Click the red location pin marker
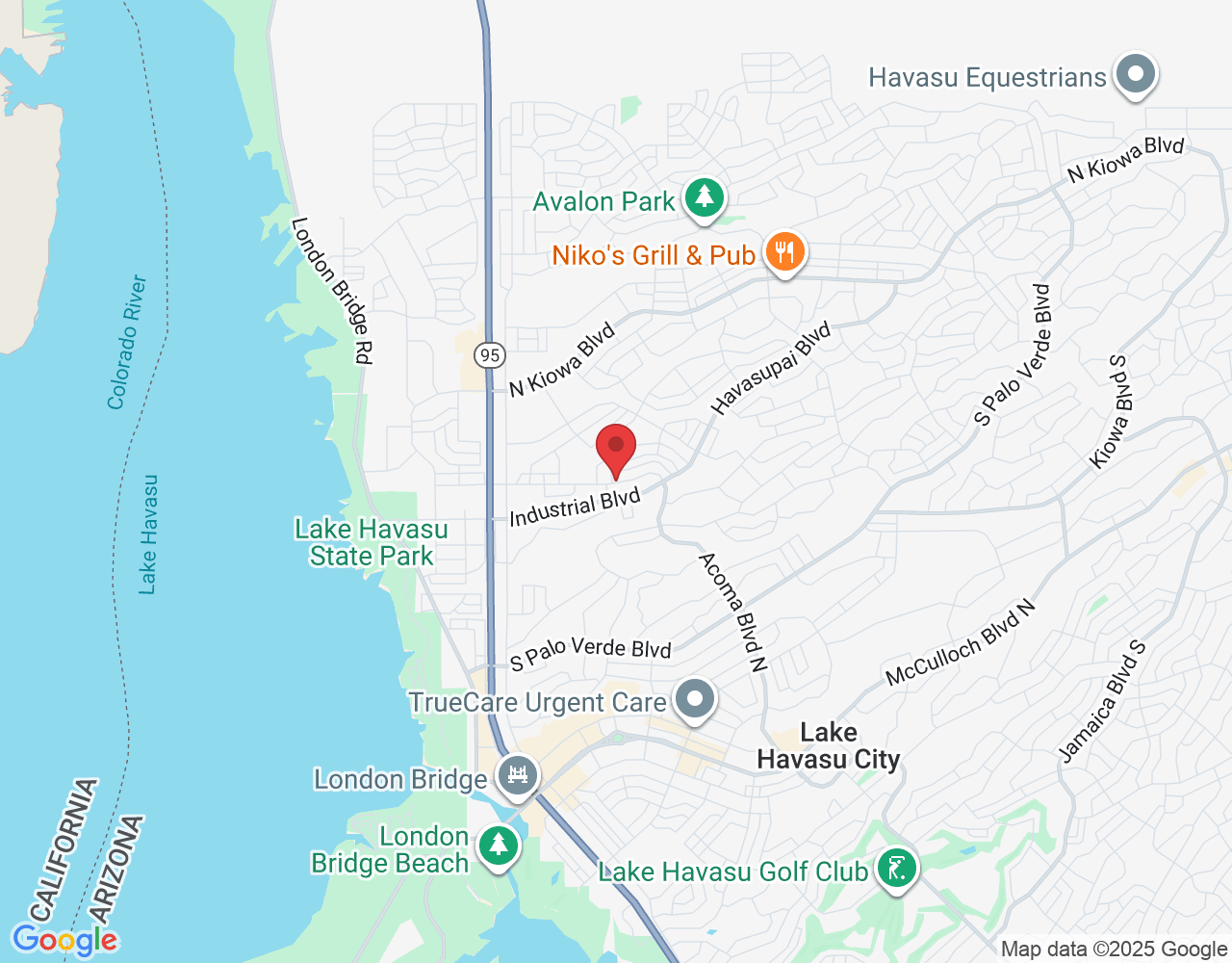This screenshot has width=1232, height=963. (x=616, y=448)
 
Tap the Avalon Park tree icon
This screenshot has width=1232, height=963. (x=705, y=198)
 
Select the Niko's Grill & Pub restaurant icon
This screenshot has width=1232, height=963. (x=785, y=253)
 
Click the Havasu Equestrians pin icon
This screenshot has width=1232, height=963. (x=1136, y=75)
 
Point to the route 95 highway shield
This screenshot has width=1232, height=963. (x=490, y=355)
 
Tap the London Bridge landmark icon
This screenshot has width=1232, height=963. (x=518, y=775)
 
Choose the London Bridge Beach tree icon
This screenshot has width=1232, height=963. (x=498, y=846)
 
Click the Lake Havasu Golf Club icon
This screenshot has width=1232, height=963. (x=897, y=870)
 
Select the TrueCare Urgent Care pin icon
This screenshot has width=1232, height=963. (x=694, y=700)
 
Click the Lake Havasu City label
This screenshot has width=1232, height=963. (x=829, y=746)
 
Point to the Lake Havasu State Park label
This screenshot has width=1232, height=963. (x=372, y=542)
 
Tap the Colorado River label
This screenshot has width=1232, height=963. (x=128, y=342)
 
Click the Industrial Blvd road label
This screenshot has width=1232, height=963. (x=575, y=508)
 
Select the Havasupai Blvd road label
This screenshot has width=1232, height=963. (x=771, y=369)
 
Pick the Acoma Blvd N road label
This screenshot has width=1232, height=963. (x=733, y=612)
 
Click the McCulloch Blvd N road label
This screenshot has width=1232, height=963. (x=961, y=642)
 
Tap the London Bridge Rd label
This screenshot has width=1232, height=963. (x=331, y=290)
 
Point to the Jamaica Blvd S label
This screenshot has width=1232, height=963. (x=1103, y=700)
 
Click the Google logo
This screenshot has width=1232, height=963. (x=64, y=940)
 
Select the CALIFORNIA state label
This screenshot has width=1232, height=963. (x=64, y=849)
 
